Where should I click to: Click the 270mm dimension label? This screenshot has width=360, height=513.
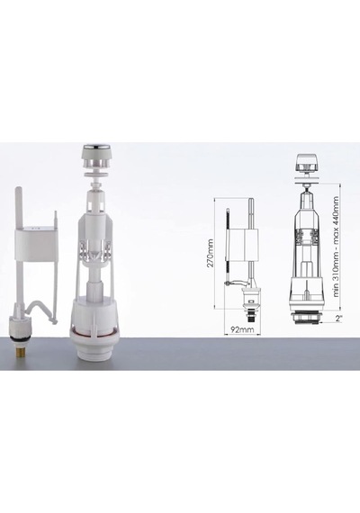coord(210,253)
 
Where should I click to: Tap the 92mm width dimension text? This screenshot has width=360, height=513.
coord(242,329)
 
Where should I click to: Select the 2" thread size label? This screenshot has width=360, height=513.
coord(339,318)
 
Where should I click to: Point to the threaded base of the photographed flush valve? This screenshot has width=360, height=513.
coord(94,354)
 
